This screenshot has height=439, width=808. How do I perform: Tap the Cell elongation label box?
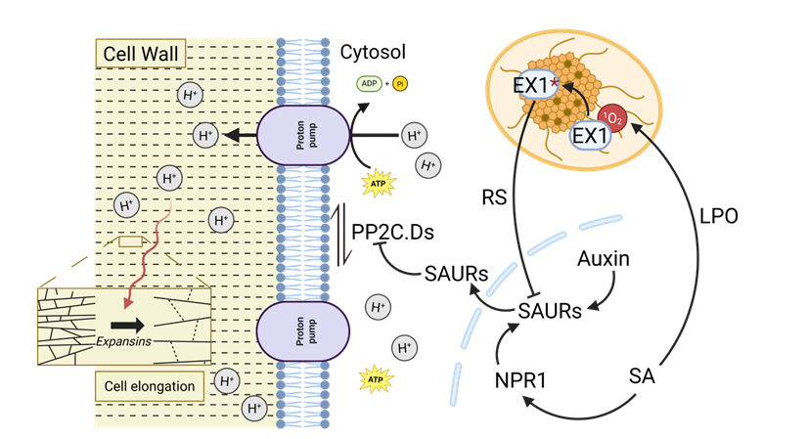149,386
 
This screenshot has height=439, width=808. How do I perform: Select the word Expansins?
123,341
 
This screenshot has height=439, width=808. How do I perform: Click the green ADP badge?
369,84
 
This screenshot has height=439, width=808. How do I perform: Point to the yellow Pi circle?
400,84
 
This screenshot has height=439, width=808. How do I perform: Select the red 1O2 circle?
612,118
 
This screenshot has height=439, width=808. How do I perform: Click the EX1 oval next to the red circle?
591,135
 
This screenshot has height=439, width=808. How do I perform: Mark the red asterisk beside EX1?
555,84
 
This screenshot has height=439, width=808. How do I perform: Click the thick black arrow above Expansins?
127,324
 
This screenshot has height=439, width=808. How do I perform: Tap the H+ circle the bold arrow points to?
205,135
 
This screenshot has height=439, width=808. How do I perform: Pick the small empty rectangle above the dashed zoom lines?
130,241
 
